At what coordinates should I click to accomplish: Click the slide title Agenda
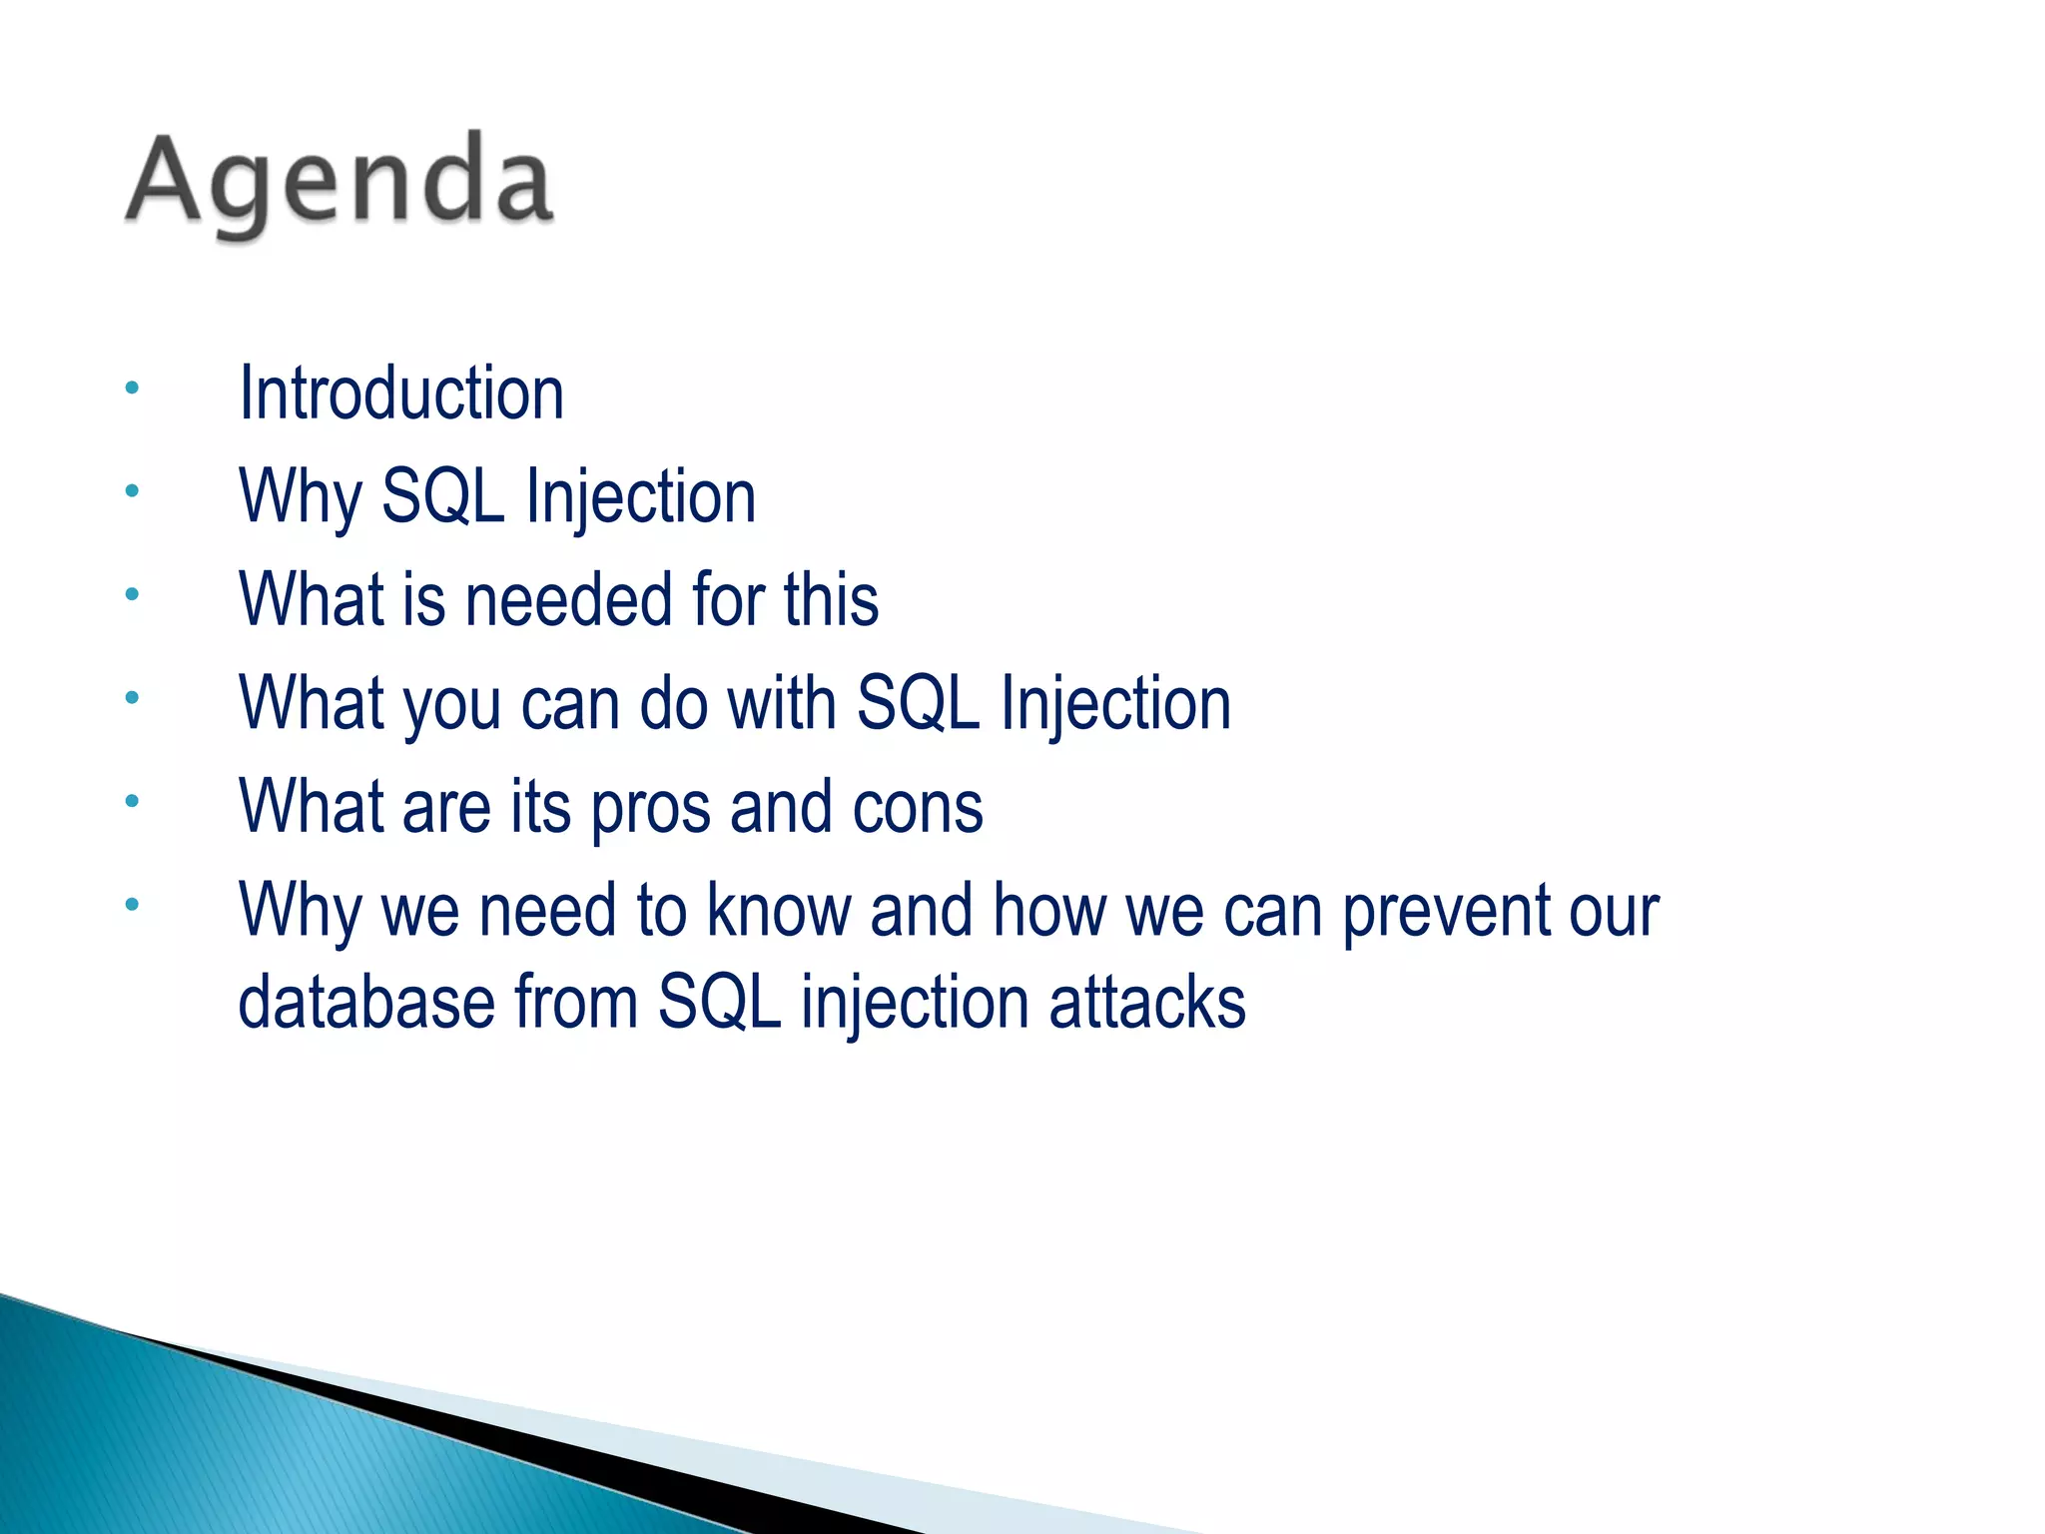click(339, 185)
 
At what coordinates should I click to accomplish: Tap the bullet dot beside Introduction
click(132, 386)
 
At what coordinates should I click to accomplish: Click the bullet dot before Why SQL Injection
click(132, 490)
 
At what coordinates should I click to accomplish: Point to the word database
click(366, 1002)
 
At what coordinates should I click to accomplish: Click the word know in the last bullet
click(779, 910)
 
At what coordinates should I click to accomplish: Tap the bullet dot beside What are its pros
click(132, 800)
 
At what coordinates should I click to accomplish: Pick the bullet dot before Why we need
click(132, 905)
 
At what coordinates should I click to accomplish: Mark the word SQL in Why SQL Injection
click(444, 496)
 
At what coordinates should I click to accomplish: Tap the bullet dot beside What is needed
click(132, 594)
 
